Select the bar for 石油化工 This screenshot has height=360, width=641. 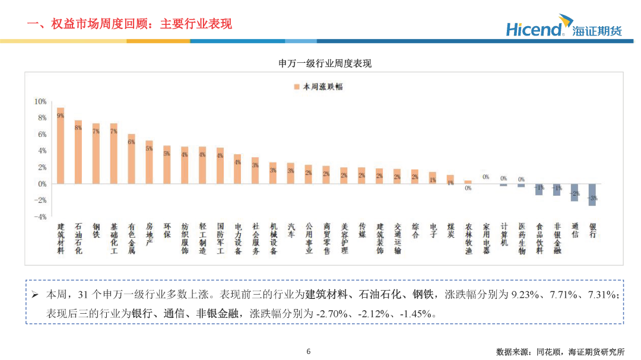point(78,152)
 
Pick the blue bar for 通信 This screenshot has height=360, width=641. point(574,192)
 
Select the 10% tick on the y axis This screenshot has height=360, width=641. point(40,101)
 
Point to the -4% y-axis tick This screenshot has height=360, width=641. point(39,216)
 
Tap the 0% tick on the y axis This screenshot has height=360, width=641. point(42,184)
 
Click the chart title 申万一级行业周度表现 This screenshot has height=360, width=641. point(325,63)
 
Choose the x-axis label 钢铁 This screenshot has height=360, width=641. point(96,231)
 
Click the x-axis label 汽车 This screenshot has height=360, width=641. point(291,231)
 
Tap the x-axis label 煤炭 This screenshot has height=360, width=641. point(450,231)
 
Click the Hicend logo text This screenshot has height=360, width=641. point(534,29)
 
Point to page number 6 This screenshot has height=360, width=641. point(309,351)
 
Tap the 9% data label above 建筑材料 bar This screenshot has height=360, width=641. point(60,116)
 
